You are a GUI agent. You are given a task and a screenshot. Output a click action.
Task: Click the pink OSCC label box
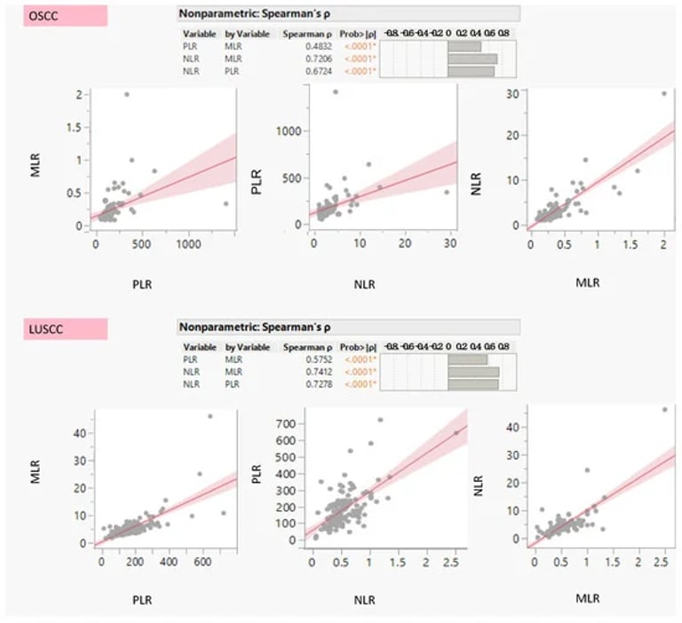(x=56, y=15)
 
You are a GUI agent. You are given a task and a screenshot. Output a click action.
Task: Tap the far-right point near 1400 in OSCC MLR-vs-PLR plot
(x=226, y=203)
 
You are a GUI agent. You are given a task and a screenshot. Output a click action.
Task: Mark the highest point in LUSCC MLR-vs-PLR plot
(x=210, y=416)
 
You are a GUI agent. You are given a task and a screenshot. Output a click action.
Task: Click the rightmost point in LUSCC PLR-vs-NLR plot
(x=456, y=433)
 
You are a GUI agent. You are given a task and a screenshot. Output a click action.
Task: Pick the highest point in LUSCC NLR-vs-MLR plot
(x=664, y=409)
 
